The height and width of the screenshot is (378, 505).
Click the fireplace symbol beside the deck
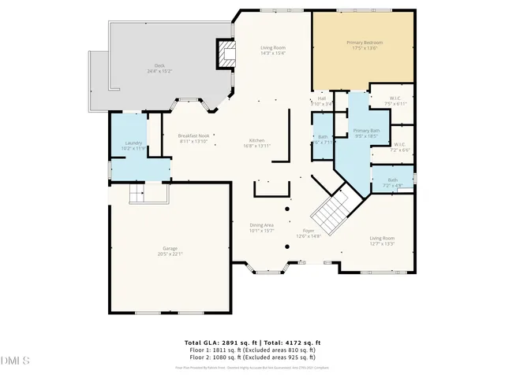[226, 57]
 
